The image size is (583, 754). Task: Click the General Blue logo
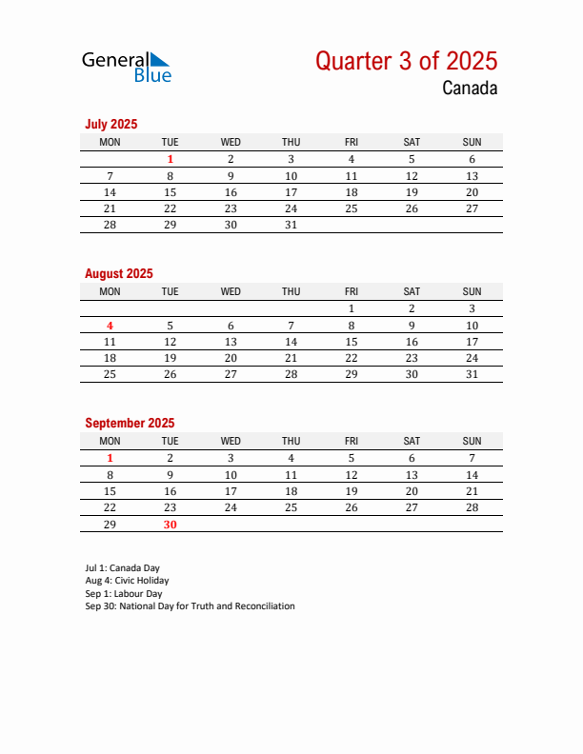[x=127, y=66]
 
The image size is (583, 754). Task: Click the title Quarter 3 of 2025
[x=406, y=61]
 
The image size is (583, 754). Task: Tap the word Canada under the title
[x=469, y=89]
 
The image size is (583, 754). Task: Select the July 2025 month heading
[x=111, y=124]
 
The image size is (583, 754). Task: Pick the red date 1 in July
[x=170, y=160]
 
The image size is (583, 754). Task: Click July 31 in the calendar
[x=291, y=226]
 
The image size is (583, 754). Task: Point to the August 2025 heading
[x=119, y=273]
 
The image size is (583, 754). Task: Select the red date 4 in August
[x=110, y=326]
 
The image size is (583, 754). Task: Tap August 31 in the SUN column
[x=472, y=375]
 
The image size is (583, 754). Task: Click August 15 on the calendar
[x=351, y=342]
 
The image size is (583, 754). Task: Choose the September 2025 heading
[x=130, y=423]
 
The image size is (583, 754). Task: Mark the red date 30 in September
[x=170, y=525]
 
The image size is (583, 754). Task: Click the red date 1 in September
[x=110, y=458]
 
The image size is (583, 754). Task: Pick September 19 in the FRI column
[x=351, y=491]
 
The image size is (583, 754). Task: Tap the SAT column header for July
[x=412, y=142]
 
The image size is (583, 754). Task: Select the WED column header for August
[x=231, y=291]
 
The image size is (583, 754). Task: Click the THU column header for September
[x=291, y=441]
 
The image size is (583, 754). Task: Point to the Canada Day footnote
[x=122, y=568]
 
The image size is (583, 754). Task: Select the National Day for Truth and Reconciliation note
[x=190, y=605]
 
